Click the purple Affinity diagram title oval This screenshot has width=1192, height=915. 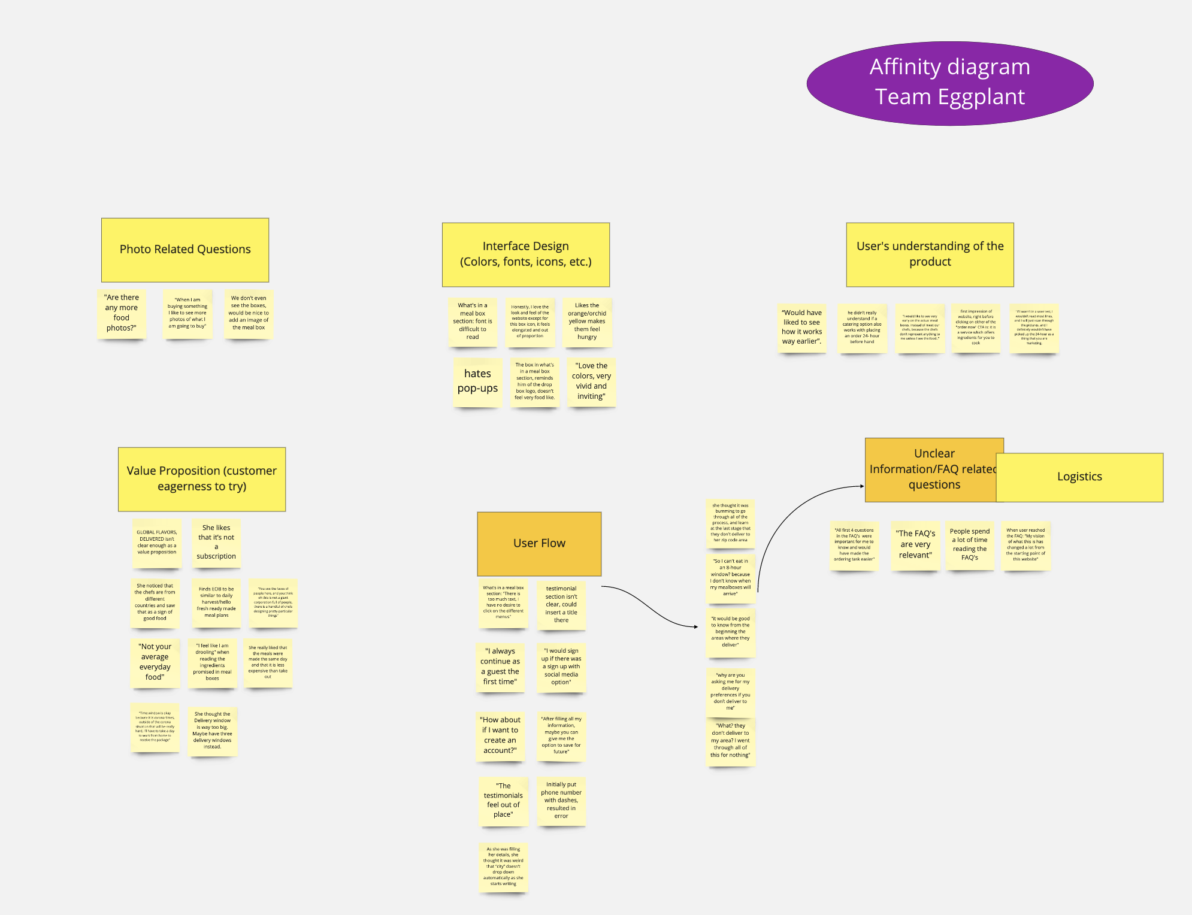pos(949,83)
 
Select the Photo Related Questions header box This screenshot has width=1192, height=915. pos(185,250)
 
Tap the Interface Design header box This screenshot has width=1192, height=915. pos(525,254)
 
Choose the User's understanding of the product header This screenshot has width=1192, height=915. pos(930,254)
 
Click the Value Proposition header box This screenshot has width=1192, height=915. pos(202,479)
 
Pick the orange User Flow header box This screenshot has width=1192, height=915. pos(539,543)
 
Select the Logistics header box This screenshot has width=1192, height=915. pos(1079,477)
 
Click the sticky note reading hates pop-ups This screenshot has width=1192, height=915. pos(477,381)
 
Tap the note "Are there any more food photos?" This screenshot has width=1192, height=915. pos(122,313)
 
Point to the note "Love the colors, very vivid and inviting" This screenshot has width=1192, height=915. pos(591,381)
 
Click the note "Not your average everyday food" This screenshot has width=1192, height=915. pos(155,662)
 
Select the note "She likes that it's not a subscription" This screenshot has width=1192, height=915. pos(216,543)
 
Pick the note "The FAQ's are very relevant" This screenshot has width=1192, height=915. pos(915,544)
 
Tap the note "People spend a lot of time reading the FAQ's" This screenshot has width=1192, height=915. pos(970,544)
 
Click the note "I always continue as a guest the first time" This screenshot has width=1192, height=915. pos(500,666)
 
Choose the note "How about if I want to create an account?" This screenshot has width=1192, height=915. pos(500,735)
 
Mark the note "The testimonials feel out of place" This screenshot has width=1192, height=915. pos(503,801)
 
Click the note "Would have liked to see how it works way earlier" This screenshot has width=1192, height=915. pos(801,327)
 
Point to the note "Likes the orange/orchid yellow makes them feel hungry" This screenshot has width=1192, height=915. pos(587,322)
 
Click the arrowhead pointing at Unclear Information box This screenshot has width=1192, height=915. pos(862,486)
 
